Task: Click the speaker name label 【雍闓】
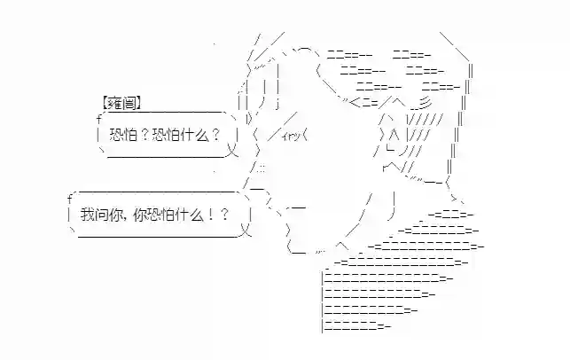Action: (121, 102)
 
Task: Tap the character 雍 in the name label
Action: (114, 102)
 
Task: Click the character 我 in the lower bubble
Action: (86, 214)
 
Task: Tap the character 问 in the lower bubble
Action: (99, 214)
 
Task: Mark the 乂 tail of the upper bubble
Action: (234, 152)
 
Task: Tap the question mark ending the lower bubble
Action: (224, 214)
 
